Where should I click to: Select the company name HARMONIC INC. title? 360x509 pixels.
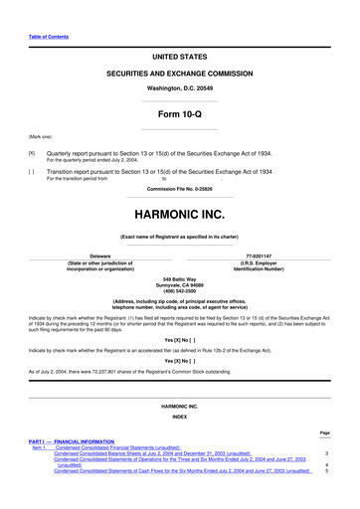tap(180, 214)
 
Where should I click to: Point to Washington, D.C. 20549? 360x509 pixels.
tap(180, 88)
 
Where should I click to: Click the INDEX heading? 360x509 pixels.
tap(180, 416)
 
